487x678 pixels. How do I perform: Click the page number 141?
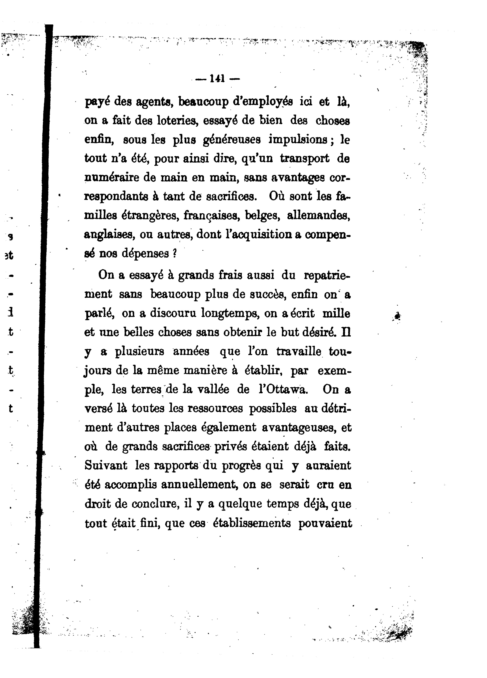[x=218, y=79]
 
